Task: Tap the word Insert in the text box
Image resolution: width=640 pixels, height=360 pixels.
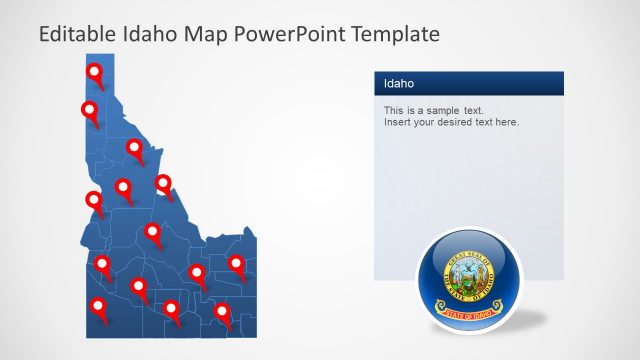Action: (x=398, y=122)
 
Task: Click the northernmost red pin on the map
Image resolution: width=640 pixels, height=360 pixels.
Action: (x=95, y=72)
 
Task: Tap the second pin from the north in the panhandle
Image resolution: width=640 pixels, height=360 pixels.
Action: (x=89, y=110)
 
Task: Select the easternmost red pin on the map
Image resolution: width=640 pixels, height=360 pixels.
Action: (x=236, y=264)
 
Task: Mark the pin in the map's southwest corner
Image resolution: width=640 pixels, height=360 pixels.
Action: (x=98, y=306)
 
